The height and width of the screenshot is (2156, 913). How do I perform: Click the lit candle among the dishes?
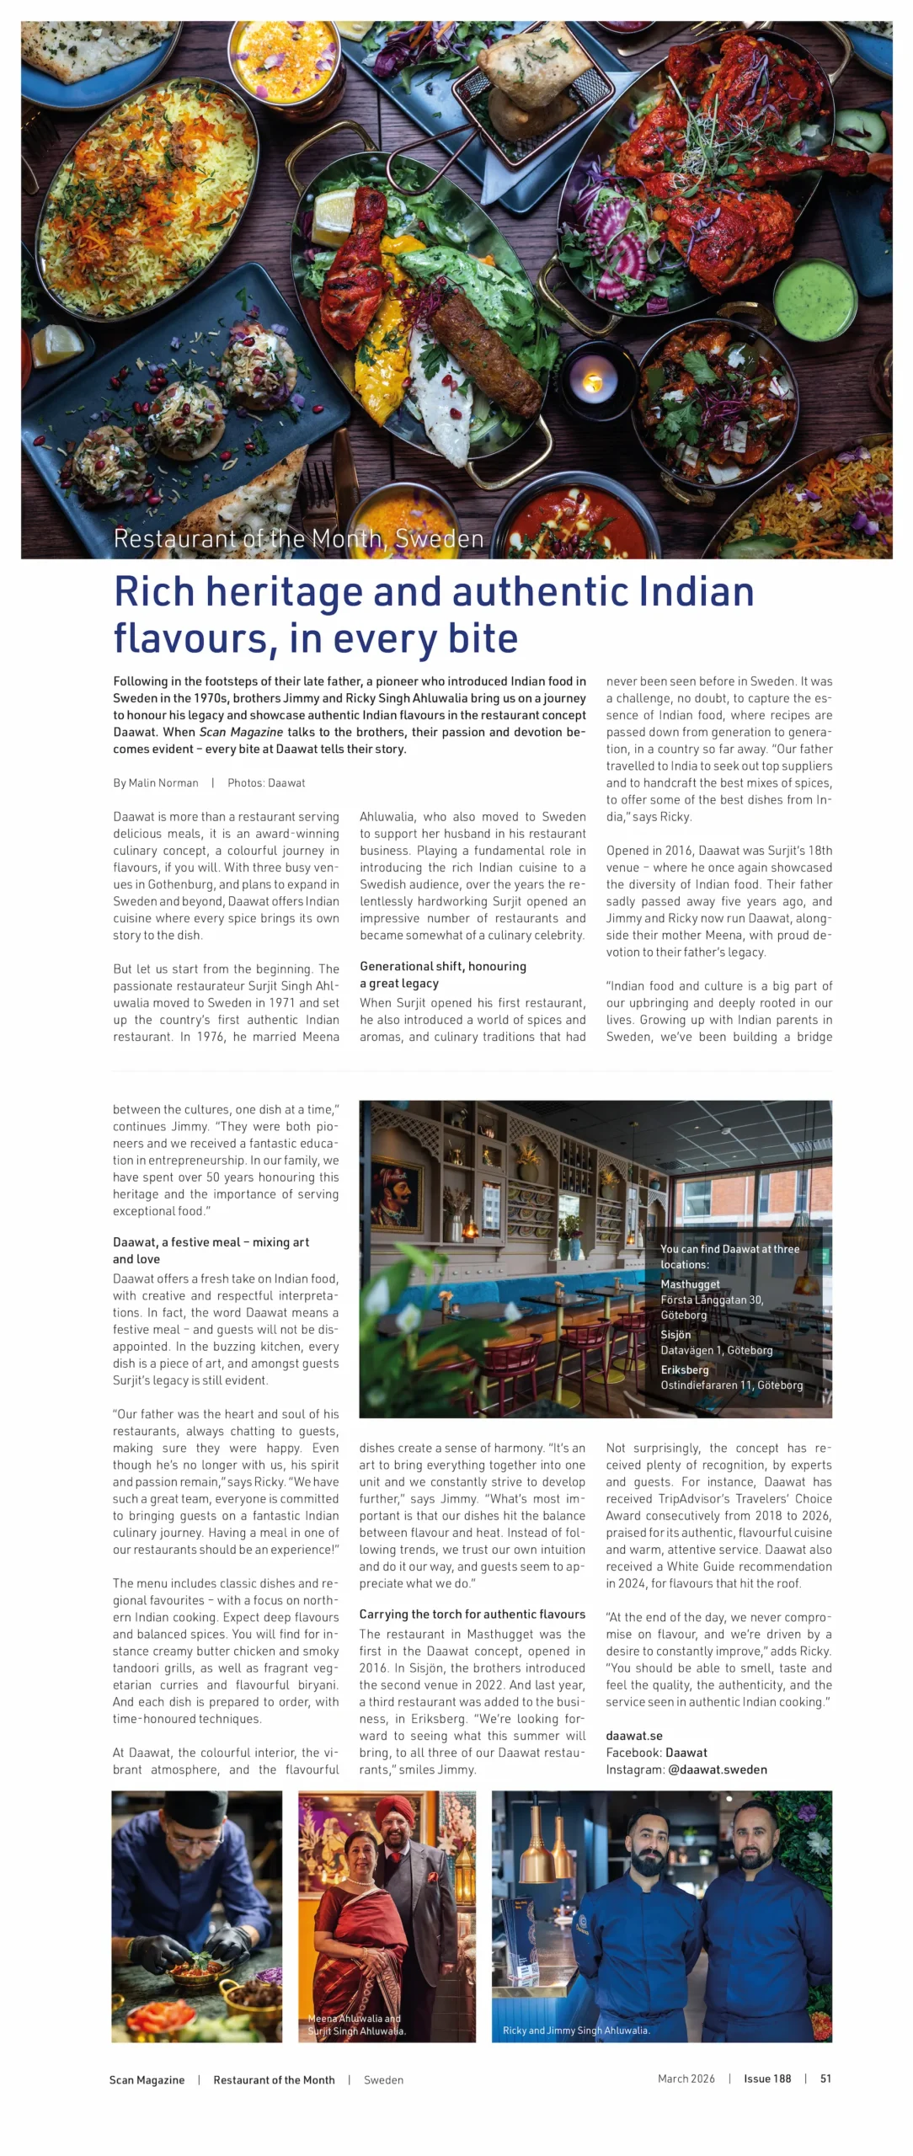[x=593, y=383]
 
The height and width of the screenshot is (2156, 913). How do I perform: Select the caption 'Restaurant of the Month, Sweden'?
[x=298, y=539]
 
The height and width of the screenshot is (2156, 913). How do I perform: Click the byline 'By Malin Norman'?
[x=156, y=783]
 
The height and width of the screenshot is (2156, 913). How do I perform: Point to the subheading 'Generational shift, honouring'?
[x=442, y=967]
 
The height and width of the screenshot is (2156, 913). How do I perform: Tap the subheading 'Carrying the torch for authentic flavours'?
[x=472, y=1614]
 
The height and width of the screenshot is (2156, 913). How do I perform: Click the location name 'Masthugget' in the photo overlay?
[x=690, y=1284]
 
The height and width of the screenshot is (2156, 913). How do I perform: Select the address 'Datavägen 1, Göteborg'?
[x=716, y=1351]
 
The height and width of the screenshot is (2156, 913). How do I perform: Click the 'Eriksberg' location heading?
[x=684, y=1370]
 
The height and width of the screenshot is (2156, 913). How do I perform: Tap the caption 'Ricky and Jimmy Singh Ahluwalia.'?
[x=576, y=2031]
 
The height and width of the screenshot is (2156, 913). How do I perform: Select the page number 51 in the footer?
[x=825, y=2079]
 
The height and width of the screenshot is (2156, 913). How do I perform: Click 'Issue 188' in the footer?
[x=766, y=2079]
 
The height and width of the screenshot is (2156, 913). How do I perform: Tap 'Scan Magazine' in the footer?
[x=147, y=2080]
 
